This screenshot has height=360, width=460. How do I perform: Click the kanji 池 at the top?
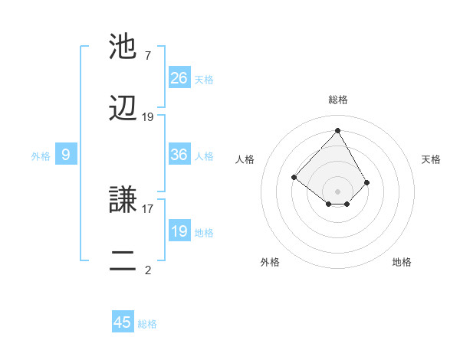coord(124,46)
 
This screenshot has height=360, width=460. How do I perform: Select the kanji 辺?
coord(124,109)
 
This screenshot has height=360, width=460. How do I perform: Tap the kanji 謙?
coord(124,201)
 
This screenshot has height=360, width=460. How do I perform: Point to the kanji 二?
coord(124,260)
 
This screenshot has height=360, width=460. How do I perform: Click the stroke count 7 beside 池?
coord(148,55)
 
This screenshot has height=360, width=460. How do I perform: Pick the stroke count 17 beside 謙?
coord(148,207)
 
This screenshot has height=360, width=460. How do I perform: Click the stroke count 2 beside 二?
coord(148,270)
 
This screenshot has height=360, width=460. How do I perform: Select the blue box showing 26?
coord(179,78)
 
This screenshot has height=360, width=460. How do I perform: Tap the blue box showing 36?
coord(179,155)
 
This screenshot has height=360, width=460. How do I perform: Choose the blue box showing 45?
coord(123,322)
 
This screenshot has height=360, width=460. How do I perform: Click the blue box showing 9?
coord(66,155)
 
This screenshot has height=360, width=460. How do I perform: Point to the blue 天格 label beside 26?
coord(204,80)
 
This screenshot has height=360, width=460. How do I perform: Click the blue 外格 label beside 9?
coord(41,156)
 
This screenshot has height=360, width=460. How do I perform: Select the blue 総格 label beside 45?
coord(147,324)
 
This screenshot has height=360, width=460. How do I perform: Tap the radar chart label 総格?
coord(338,100)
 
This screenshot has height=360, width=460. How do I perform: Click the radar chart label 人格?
coord(245,159)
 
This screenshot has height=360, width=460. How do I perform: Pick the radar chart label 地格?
coord(402,262)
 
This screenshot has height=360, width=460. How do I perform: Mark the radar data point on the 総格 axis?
coord(337,130)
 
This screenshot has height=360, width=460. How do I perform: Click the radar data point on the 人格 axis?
coord(294,178)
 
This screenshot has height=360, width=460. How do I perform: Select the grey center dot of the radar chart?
coord(337,191)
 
